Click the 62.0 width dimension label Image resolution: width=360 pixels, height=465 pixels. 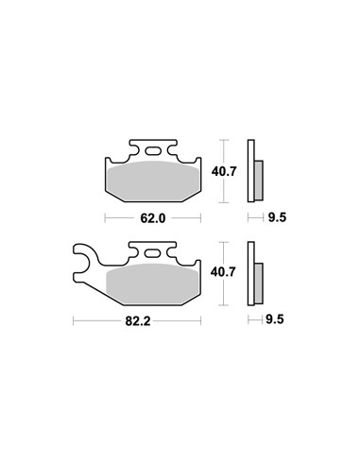[x=153, y=218]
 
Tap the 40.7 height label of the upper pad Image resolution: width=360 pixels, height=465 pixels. [x=224, y=172]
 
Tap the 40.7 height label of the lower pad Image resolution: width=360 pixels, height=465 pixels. [x=223, y=272]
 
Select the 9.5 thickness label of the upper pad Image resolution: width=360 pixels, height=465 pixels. [x=277, y=217]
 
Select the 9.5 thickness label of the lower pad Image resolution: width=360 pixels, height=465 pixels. [x=275, y=319]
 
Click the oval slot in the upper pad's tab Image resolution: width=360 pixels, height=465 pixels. [x=153, y=151]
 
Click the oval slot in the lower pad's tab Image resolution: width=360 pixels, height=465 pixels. [x=152, y=253]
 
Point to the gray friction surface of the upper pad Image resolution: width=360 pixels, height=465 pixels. [x=153, y=181]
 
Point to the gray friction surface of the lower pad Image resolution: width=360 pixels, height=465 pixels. [x=153, y=284]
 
